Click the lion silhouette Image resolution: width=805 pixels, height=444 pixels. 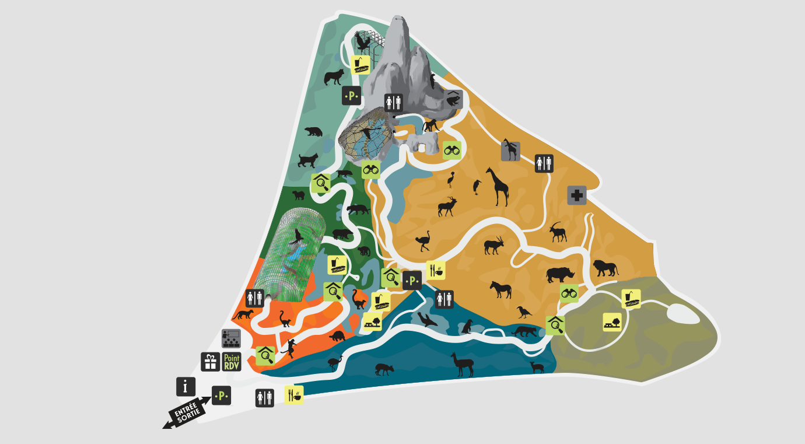[x=605, y=268]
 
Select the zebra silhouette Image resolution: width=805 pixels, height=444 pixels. [x=501, y=289]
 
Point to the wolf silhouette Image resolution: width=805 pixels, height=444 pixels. [x=334, y=76]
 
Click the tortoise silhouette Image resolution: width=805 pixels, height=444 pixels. [x=337, y=336]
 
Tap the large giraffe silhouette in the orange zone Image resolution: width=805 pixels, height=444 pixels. [x=497, y=186]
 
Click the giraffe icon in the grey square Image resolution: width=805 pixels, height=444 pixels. [x=510, y=151]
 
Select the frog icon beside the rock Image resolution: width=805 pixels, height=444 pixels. [x=453, y=100]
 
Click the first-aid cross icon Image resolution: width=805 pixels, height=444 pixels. [x=577, y=195]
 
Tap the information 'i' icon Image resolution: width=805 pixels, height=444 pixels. [x=185, y=386]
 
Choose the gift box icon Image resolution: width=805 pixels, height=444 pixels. [x=211, y=362]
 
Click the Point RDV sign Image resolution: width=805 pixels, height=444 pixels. [x=232, y=362]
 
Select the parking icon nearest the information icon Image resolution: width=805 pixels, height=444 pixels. [x=221, y=396]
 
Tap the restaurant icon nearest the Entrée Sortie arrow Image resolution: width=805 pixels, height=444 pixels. [x=294, y=395]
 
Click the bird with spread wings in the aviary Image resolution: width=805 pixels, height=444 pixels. [x=363, y=42]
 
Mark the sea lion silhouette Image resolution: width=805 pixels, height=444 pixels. [x=428, y=319]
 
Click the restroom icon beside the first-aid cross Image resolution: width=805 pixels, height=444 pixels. [x=544, y=163]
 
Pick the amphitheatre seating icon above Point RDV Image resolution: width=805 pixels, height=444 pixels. [x=231, y=338]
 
